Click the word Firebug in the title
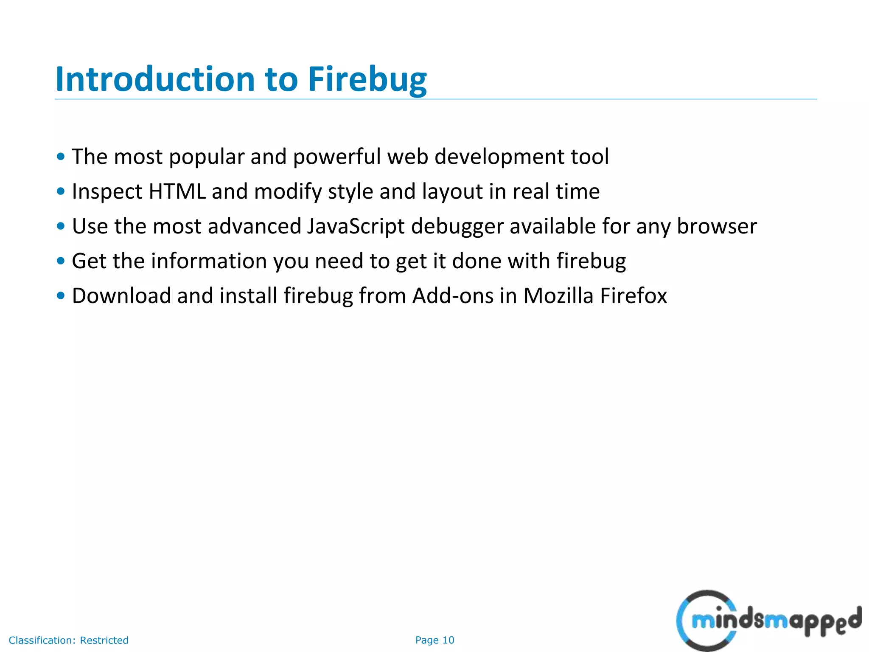click(367, 79)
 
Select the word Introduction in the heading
click(155, 79)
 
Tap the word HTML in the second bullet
click(177, 191)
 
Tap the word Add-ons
click(453, 296)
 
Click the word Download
click(121, 296)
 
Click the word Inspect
click(107, 192)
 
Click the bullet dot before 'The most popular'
click(61, 157)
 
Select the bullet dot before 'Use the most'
click(61, 226)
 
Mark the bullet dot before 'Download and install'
click(61, 295)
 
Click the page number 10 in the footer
click(448, 640)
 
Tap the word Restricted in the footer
click(104, 640)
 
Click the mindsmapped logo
click(768, 620)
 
